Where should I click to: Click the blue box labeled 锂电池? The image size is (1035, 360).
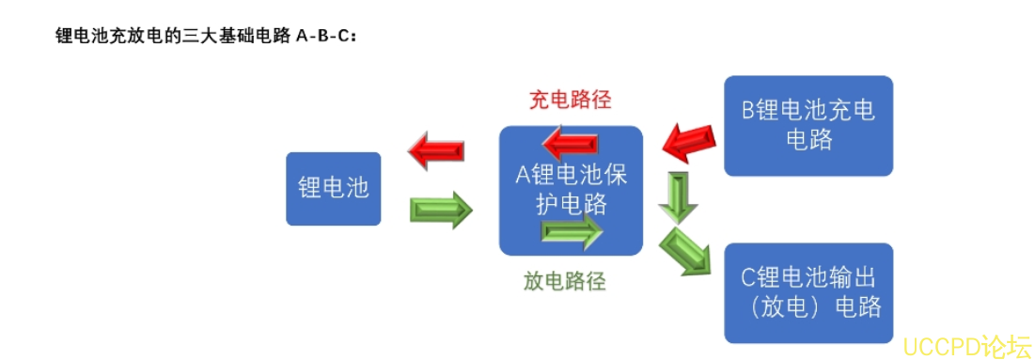pyautogui.click(x=333, y=188)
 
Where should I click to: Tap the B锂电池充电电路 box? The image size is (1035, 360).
pyautogui.click(x=808, y=125)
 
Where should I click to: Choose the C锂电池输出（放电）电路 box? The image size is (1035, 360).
pyautogui.click(x=808, y=292)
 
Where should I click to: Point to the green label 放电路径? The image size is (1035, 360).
pyautogui.click(x=564, y=280)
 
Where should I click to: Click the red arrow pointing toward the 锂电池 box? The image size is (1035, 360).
pyautogui.click(x=436, y=150)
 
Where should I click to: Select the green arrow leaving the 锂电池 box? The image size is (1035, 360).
pyautogui.click(x=441, y=210)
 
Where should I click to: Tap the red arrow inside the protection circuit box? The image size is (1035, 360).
pyautogui.click(x=570, y=143)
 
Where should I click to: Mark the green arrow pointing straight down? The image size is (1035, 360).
pyautogui.click(x=677, y=196)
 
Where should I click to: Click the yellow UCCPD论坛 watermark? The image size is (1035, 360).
pyautogui.click(x=966, y=346)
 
